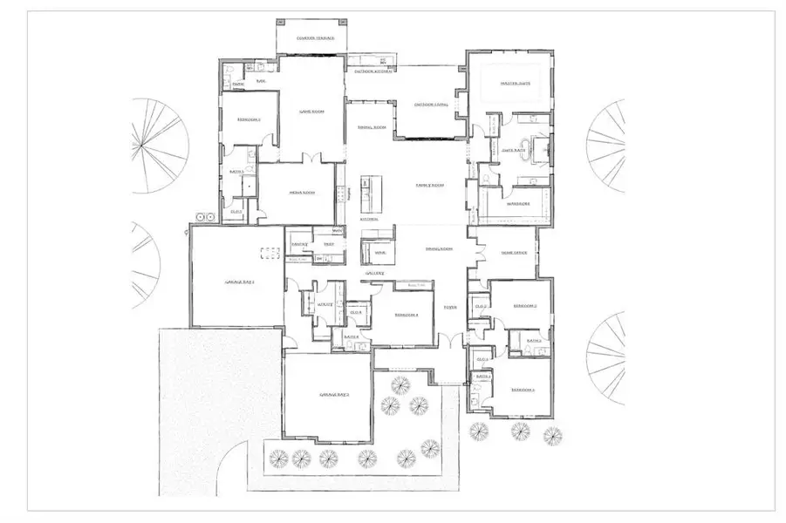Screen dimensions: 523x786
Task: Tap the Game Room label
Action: [x=311, y=112]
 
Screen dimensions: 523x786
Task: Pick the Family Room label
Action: [x=429, y=185]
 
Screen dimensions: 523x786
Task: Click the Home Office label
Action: [x=515, y=253]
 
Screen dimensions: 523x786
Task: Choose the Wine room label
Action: [x=379, y=253]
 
